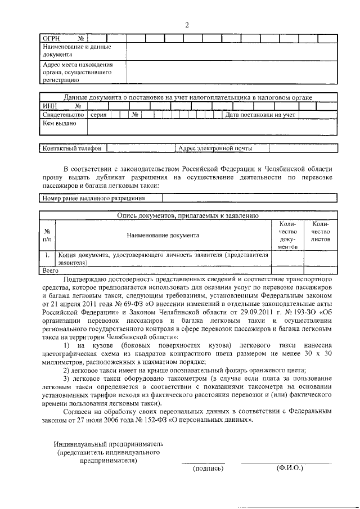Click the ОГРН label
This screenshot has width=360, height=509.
tap(52, 38)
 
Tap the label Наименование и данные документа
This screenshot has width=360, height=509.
tap(76, 51)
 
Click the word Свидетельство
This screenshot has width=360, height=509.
tap(63, 115)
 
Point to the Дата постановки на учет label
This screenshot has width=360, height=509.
tap(260, 115)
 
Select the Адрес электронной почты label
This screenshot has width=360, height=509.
tap(215, 148)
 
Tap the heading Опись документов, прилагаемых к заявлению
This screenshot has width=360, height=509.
tap(187, 215)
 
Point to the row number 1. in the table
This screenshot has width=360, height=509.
tap(48, 255)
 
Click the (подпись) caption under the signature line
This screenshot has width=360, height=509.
tap(208, 468)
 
